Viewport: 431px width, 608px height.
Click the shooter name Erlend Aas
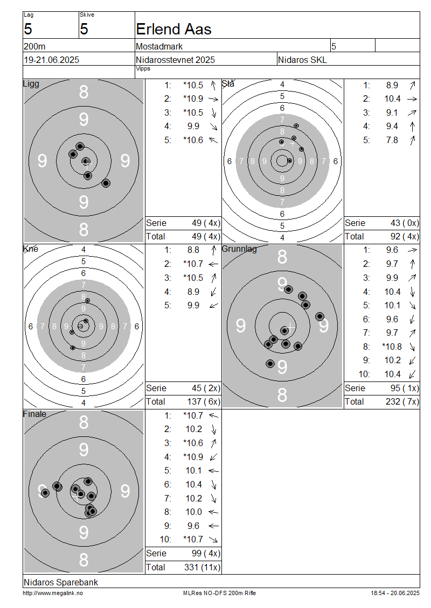tap(173, 30)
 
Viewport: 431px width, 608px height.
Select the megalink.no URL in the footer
tap(53, 593)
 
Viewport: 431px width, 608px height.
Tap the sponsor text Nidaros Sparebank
tap(61, 582)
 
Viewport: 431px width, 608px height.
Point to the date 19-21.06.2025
tap(52, 60)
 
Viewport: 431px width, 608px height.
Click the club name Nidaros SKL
tap(302, 60)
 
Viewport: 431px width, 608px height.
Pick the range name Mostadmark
tap(159, 46)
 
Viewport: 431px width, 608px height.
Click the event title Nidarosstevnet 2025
tap(175, 60)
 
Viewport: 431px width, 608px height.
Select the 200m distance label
tap(34, 46)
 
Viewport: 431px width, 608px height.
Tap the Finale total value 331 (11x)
tap(202, 567)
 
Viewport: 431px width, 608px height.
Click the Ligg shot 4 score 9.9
tap(193, 126)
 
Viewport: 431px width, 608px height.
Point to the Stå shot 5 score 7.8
tap(392, 140)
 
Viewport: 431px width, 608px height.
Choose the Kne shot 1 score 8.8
tap(193, 250)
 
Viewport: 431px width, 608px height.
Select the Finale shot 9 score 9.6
tap(193, 526)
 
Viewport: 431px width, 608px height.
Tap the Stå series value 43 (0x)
tap(405, 223)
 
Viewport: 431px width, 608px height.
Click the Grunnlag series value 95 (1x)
tap(405, 388)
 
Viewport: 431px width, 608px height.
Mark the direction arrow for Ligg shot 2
tap(213, 99)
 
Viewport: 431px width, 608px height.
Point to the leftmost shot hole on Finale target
tap(45, 493)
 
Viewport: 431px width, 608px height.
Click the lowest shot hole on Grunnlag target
tap(270, 364)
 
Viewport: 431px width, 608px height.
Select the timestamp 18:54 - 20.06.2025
tap(395, 593)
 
